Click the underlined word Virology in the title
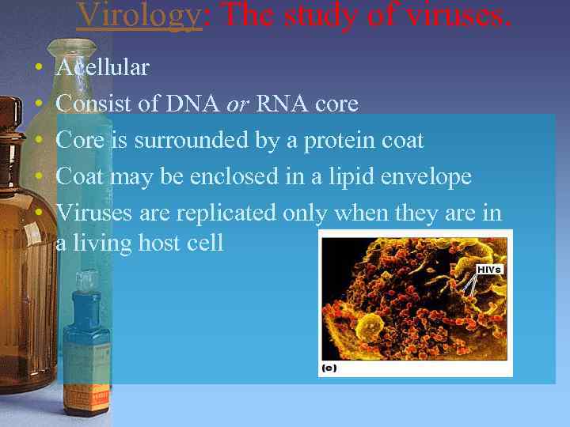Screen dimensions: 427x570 (139, 14)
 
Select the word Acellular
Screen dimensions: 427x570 (102, 68)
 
